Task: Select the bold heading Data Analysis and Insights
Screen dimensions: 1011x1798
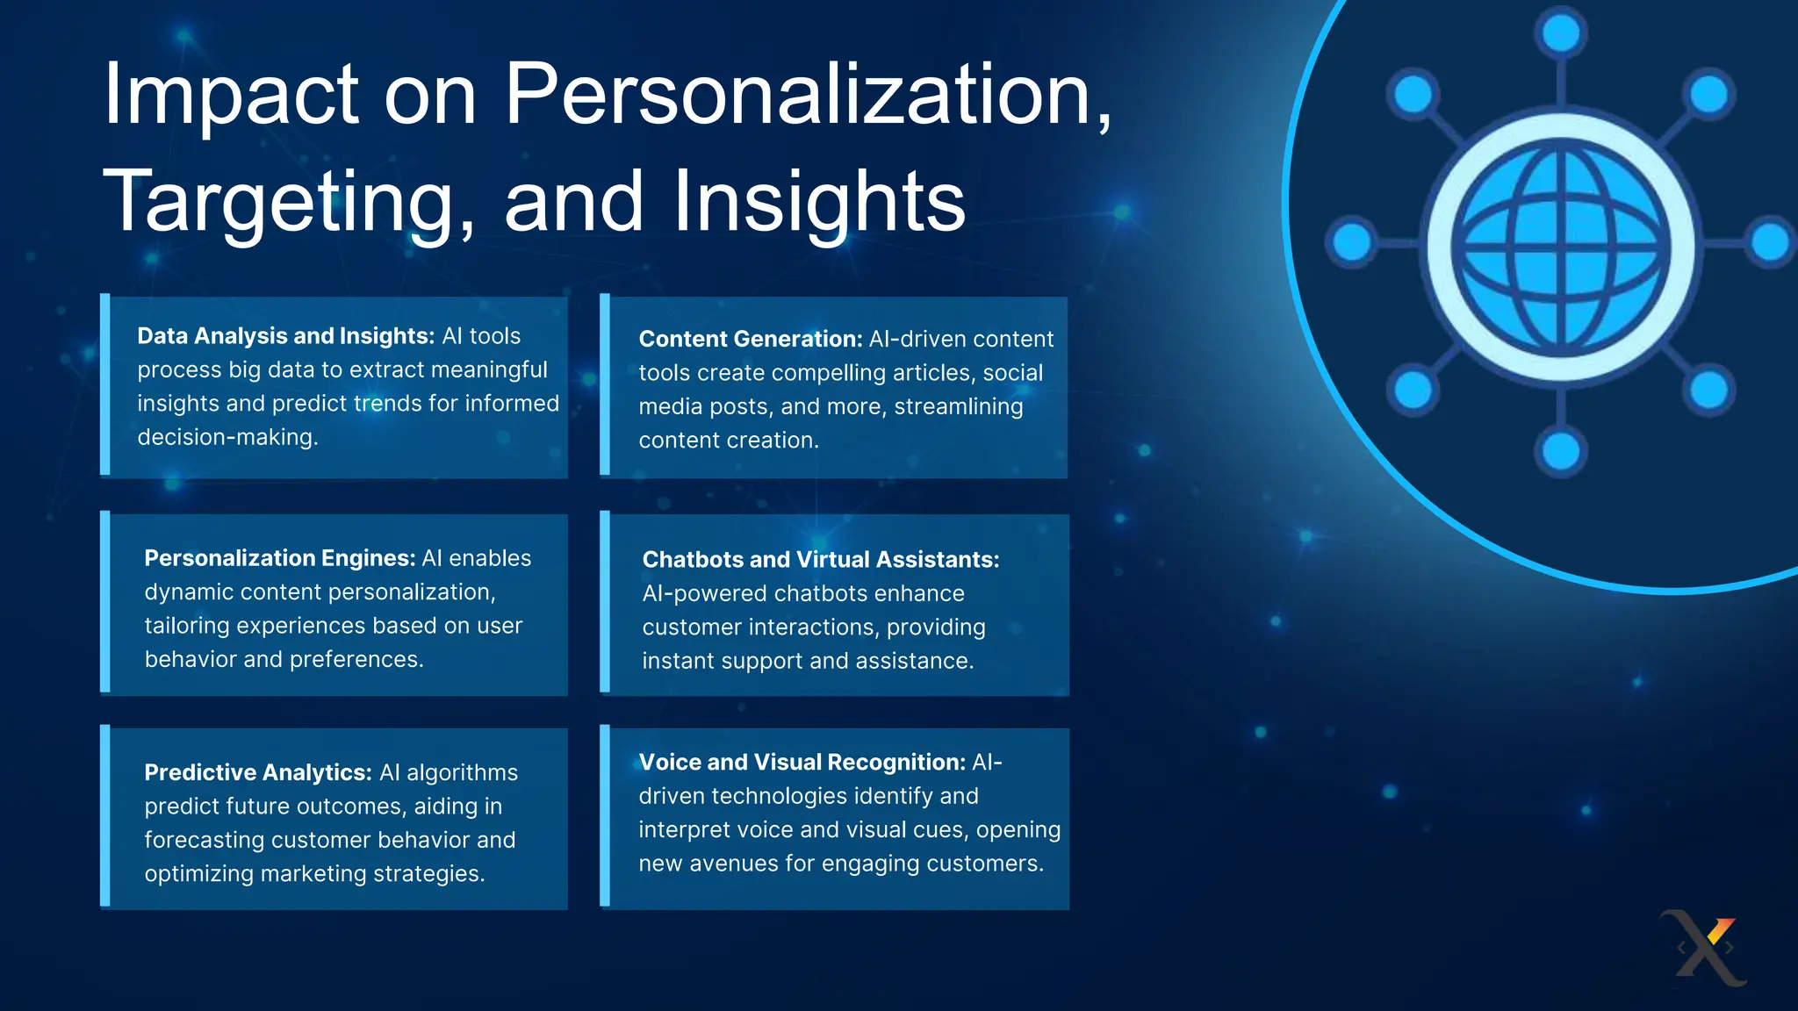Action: tap(285, 336)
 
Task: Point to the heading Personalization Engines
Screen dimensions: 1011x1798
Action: tap(279, 558)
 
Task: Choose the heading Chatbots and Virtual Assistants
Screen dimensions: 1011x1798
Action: tap(820, 560)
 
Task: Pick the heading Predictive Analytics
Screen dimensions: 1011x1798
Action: tap(258, 772)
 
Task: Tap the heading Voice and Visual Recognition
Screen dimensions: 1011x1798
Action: tap(802, 762)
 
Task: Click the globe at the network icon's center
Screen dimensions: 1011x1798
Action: tap(1561, 248)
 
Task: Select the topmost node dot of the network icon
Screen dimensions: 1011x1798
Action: tap(1561, 33)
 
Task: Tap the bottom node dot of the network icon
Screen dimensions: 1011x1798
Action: tap(1561, 452)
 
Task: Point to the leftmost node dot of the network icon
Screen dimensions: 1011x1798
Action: tap(1352, 242)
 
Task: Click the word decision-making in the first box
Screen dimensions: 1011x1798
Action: tap(227, 437)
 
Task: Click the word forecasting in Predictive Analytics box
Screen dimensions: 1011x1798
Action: tap(204, 840)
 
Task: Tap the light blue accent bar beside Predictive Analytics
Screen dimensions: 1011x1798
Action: tap(105, 816)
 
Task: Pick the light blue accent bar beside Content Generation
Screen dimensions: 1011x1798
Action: tap(605, 384)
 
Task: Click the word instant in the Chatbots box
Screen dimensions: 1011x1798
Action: tap(677, 661)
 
